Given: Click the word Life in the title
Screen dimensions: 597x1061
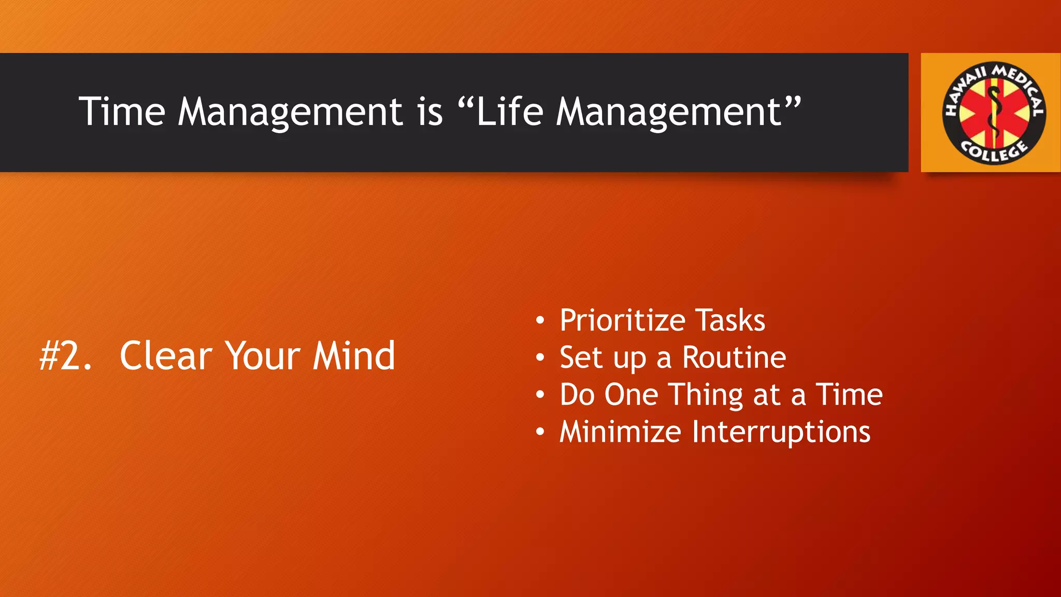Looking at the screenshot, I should (509, 111).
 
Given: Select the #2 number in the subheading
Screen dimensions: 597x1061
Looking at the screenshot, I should (66, 356).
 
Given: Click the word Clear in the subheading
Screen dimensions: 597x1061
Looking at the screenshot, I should (166, 356).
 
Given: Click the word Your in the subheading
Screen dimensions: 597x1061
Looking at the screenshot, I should (263, 356).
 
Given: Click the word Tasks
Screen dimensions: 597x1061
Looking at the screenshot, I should (730, 320).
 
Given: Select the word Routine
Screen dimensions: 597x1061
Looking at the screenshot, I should (734, 358).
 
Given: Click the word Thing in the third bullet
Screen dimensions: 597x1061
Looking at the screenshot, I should (707, 395).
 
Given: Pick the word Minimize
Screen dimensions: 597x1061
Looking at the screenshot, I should (620, 432).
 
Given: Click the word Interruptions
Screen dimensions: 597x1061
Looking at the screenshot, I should (781, 433).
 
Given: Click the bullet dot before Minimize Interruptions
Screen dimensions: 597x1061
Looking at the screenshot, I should (540, 432).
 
